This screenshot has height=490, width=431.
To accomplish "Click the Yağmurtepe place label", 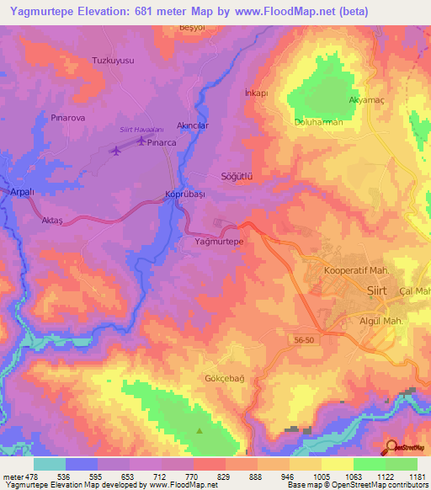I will (214, 242).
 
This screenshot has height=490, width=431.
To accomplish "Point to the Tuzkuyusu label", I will (112, 61).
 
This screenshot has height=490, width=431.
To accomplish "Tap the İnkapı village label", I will (255, 93).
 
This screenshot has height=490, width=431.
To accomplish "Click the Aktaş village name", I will (52, 218).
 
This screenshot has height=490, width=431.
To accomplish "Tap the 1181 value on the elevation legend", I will (416, 477).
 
